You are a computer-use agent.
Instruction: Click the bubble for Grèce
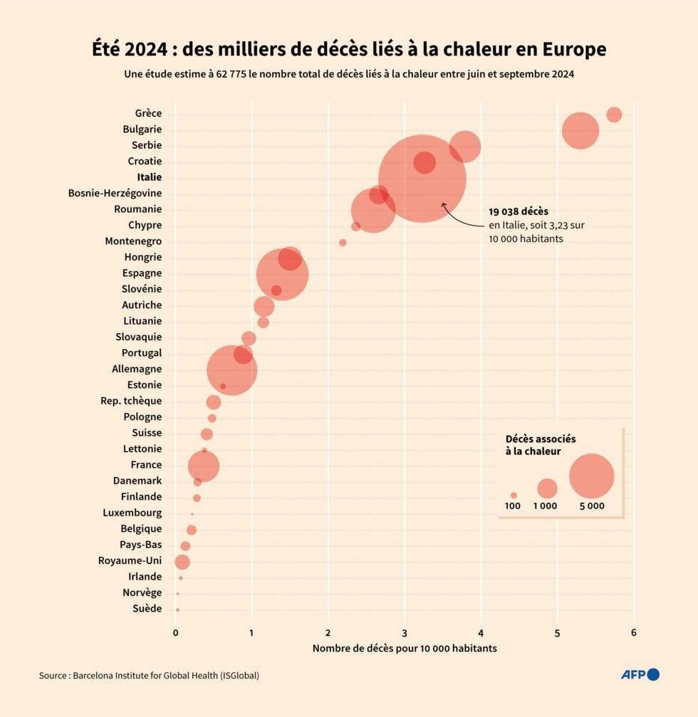coord(614,115)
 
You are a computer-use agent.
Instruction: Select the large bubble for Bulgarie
coord(580,130)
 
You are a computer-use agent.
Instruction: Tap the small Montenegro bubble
coord(343,243)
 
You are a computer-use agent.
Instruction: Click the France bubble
coord(204,466)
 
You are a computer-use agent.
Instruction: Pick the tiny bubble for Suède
coord(177,609)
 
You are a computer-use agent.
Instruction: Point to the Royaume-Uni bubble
coord(182,562)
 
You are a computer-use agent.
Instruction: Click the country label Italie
coord(149,177)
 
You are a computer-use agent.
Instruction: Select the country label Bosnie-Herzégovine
coord(115,193)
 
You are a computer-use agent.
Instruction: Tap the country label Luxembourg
coord(132,513)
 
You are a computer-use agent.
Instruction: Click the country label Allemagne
coord(137,369)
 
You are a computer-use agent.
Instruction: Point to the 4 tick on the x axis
coord(481,632)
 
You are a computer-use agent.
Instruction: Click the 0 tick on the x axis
coord(176,632)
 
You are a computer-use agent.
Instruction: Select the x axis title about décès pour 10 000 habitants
coord(405,648)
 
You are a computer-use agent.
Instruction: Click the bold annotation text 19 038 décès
coord(519,211)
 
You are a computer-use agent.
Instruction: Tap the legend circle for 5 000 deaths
coord(592,476)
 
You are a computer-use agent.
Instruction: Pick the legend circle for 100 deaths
coord(514,495)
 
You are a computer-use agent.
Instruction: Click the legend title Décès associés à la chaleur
coord(540,445)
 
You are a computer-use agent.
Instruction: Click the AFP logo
coord(640,674)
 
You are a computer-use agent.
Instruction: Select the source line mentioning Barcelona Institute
coord(149,675)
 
